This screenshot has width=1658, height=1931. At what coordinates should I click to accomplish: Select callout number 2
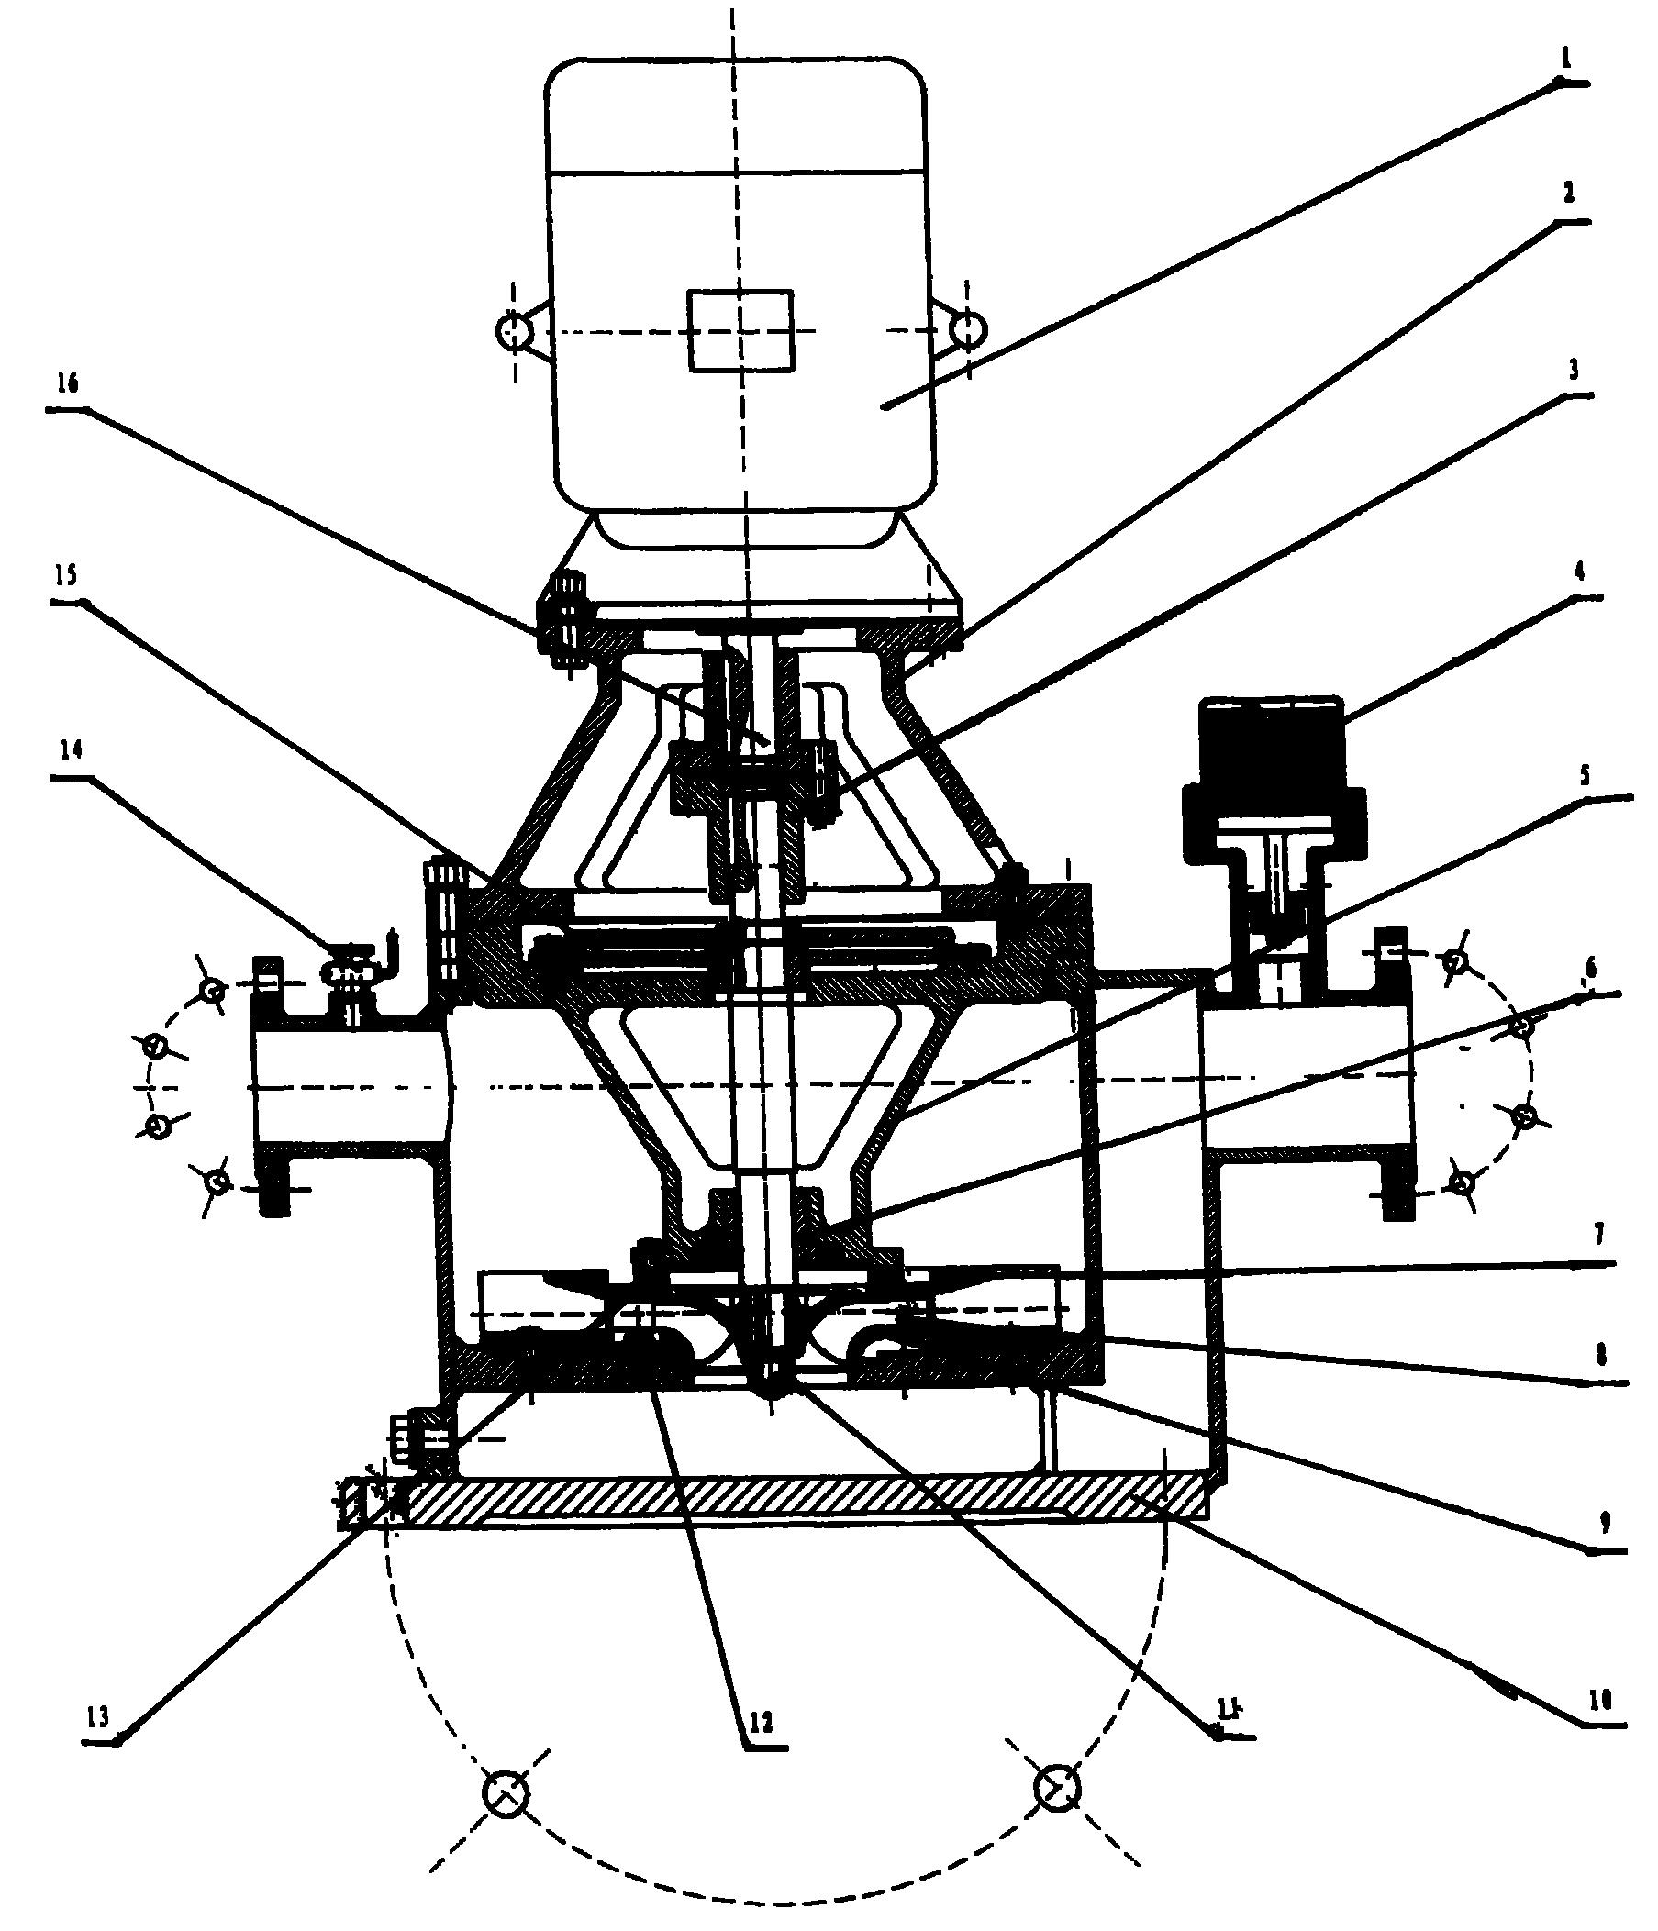click(x=1568, y=193)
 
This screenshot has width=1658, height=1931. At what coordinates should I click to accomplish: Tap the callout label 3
click(x=1574, y=370)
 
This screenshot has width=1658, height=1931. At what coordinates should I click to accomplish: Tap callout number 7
click(x=1599, y=1236)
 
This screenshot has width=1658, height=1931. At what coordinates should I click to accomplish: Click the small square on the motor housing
click(x=741, y=330)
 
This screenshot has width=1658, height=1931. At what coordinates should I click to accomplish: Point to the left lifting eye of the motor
click(x=514, y=330)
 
